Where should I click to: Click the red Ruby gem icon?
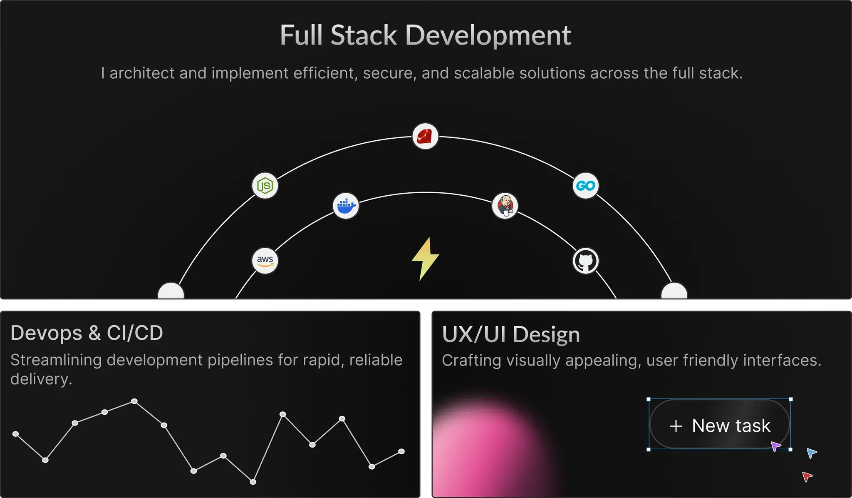[x=425, y=136]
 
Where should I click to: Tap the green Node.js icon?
[x=265, y=186]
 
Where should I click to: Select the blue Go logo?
[x=585, y=186]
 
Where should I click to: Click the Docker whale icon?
[x=346, y=206]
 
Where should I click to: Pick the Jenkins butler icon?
[x=505, y=206]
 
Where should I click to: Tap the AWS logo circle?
[x=265, y=261]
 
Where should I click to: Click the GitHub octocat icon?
[x=585, y=261]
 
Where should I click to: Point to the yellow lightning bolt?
[x=425, y=259]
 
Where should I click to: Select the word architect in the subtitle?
[x=141, y=73]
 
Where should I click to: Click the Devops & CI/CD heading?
[x=87, y=333]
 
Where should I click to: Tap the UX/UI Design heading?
[x=511, y=334]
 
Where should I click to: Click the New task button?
[x=720, y=424]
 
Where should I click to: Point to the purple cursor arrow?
[x=775, y=446]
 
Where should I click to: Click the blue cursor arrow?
[x=812, y=453]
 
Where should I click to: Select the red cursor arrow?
[x=807, y=476]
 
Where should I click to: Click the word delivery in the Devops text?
[x=41, y=379]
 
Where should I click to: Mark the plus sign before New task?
[x=676, y=426]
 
